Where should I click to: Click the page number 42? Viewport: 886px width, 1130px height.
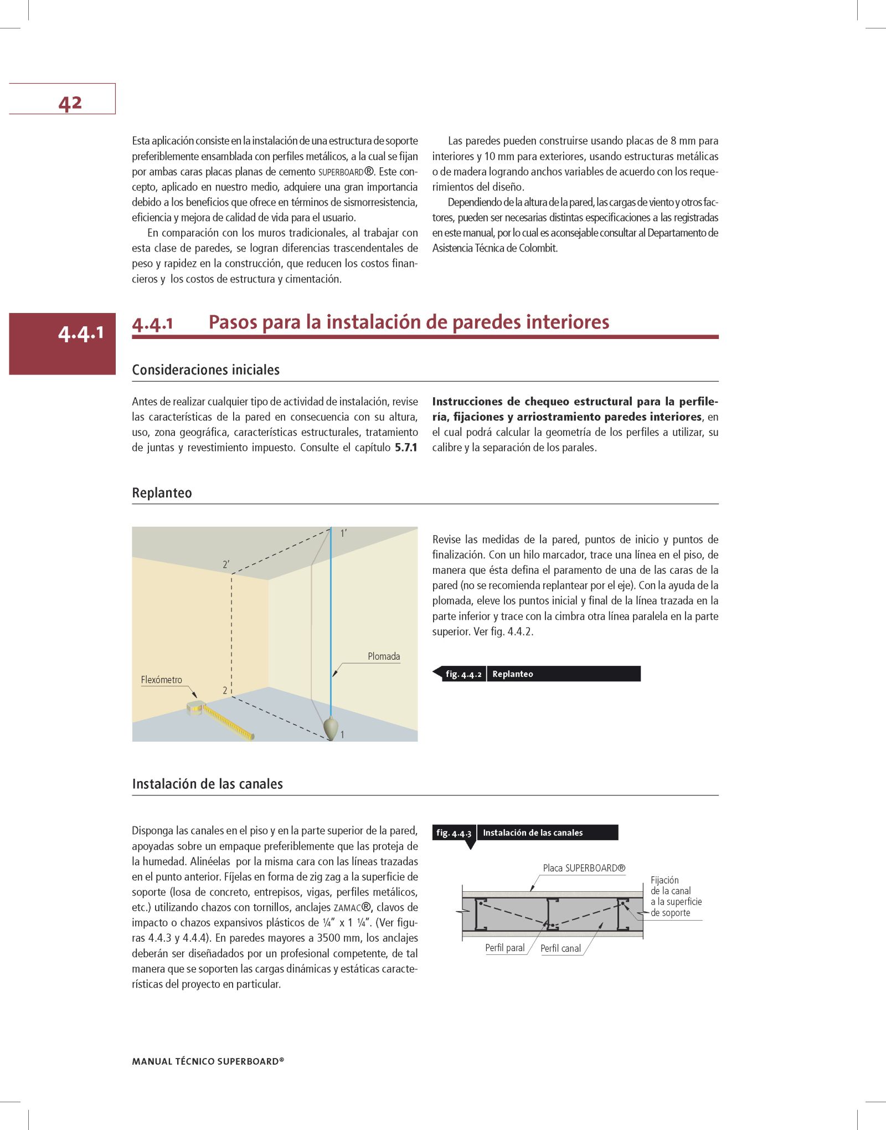point(70,103)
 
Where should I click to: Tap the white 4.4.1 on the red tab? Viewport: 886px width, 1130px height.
point(81,333)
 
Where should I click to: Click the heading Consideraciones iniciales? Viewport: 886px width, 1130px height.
point(205,370)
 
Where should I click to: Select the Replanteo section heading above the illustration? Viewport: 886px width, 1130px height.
point(162,493)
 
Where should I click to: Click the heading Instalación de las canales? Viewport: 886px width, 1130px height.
point(207,784)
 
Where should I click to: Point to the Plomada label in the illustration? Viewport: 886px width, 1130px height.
point(383,656)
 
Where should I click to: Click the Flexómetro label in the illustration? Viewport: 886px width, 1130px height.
point(161,680)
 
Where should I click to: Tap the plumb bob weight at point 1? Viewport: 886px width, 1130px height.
point(331,728)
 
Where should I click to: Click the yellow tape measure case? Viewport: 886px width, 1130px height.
point(195,708)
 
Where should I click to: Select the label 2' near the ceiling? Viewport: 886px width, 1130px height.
point(226,564)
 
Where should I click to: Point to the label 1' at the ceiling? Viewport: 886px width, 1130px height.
point(343,533)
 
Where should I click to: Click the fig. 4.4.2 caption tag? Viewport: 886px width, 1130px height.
point(463,674)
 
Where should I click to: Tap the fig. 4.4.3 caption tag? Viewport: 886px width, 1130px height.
point(454,833)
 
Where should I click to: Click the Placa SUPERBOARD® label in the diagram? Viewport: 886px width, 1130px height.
point(584,868)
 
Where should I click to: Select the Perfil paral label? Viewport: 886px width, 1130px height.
point(504,948)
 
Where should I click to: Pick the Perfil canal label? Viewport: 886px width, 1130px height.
point(560,948)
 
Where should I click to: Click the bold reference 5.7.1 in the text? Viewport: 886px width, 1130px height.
point(406,448)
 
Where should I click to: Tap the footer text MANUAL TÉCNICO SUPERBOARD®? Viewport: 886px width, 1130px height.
point(208,1061)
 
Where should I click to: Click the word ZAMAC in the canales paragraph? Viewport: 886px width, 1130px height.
point(347,908)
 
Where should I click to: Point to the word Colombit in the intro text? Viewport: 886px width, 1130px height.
point(537,248)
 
